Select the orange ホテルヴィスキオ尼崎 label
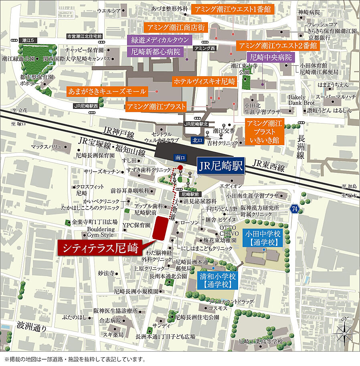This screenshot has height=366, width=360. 204,81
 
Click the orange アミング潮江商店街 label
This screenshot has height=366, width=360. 170,28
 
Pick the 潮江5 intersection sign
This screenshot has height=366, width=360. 27,40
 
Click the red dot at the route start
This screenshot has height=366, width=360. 180,167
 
